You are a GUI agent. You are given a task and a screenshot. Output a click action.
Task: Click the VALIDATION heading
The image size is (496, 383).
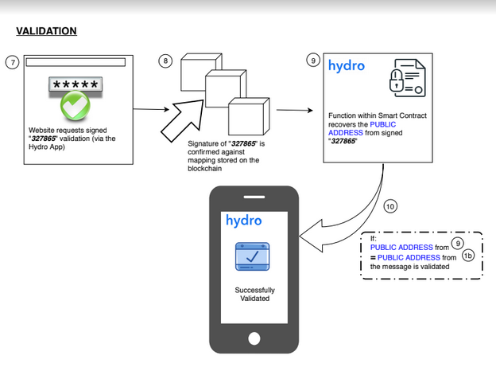[x=46, y=31]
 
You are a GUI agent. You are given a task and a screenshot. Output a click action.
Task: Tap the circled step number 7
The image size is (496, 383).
[x=13, y=62]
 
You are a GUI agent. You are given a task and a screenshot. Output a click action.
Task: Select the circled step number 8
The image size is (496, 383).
[x=165, y=61]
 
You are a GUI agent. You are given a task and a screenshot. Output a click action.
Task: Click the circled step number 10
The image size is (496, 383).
[x=390, y=206]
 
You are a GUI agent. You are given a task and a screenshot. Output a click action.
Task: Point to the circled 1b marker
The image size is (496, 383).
[x=468, y=256]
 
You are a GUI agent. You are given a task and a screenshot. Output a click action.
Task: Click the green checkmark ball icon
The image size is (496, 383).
[x=76, y=105]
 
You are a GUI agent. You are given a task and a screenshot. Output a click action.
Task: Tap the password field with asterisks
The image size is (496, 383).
[x=76, y=84]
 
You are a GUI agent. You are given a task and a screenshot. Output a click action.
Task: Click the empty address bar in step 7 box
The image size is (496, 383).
[x=76, y=62]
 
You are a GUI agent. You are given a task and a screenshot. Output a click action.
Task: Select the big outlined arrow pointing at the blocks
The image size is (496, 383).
[x=183, y=120]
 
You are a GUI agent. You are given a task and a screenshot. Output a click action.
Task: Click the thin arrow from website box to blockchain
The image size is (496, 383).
[x=151, y=109]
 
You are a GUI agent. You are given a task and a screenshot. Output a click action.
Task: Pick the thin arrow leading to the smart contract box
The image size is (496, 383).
[x=295, y=110]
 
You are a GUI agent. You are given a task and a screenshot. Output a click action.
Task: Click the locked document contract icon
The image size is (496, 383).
[x=408, y=78]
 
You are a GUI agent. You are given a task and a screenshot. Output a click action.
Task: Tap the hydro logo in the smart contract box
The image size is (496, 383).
[x=347, y=65]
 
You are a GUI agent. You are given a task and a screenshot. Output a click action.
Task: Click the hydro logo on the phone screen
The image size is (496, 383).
[x=244, y=221]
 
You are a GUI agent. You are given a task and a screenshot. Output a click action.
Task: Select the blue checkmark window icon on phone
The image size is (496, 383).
[x=253, y=256]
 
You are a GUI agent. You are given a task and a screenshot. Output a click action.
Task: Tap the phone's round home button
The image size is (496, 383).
[x=254, y=338]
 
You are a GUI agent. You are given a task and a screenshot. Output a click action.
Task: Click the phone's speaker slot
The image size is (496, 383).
[x=254, y=197]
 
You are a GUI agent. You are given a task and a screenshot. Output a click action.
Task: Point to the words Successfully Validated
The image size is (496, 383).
[x=254, y=295]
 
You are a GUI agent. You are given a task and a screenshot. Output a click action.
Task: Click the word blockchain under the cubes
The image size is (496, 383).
[x=204, y=169]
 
